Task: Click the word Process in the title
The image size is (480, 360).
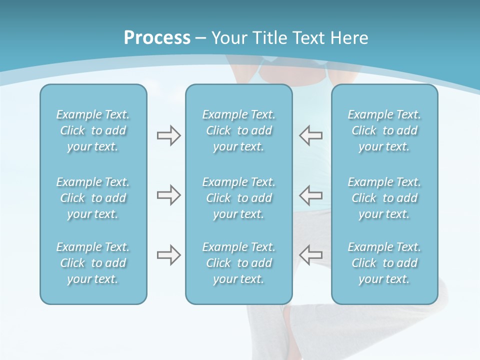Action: (157, 38)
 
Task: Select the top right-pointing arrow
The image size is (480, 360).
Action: (168, 135)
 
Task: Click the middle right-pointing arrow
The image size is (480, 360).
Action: (168, 195)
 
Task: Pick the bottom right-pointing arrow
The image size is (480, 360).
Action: (168, 255)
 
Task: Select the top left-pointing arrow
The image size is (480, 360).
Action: (310, 135)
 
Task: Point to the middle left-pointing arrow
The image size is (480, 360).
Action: (310, 195)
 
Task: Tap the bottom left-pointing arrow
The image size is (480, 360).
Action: (310, 255)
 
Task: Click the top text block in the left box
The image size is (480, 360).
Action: (93, 130)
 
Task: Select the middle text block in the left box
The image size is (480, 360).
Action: (93, 198)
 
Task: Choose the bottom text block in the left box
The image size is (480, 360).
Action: (93, 263)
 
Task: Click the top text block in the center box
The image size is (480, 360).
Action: (238, 130)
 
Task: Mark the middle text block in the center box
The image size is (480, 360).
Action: (238, 198)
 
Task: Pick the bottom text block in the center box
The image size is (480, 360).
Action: (238, 263)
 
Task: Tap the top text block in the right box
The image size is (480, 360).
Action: (384, 130)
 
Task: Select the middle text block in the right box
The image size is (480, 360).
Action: (384, 198)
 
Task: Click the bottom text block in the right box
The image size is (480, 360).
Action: (384, 263)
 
